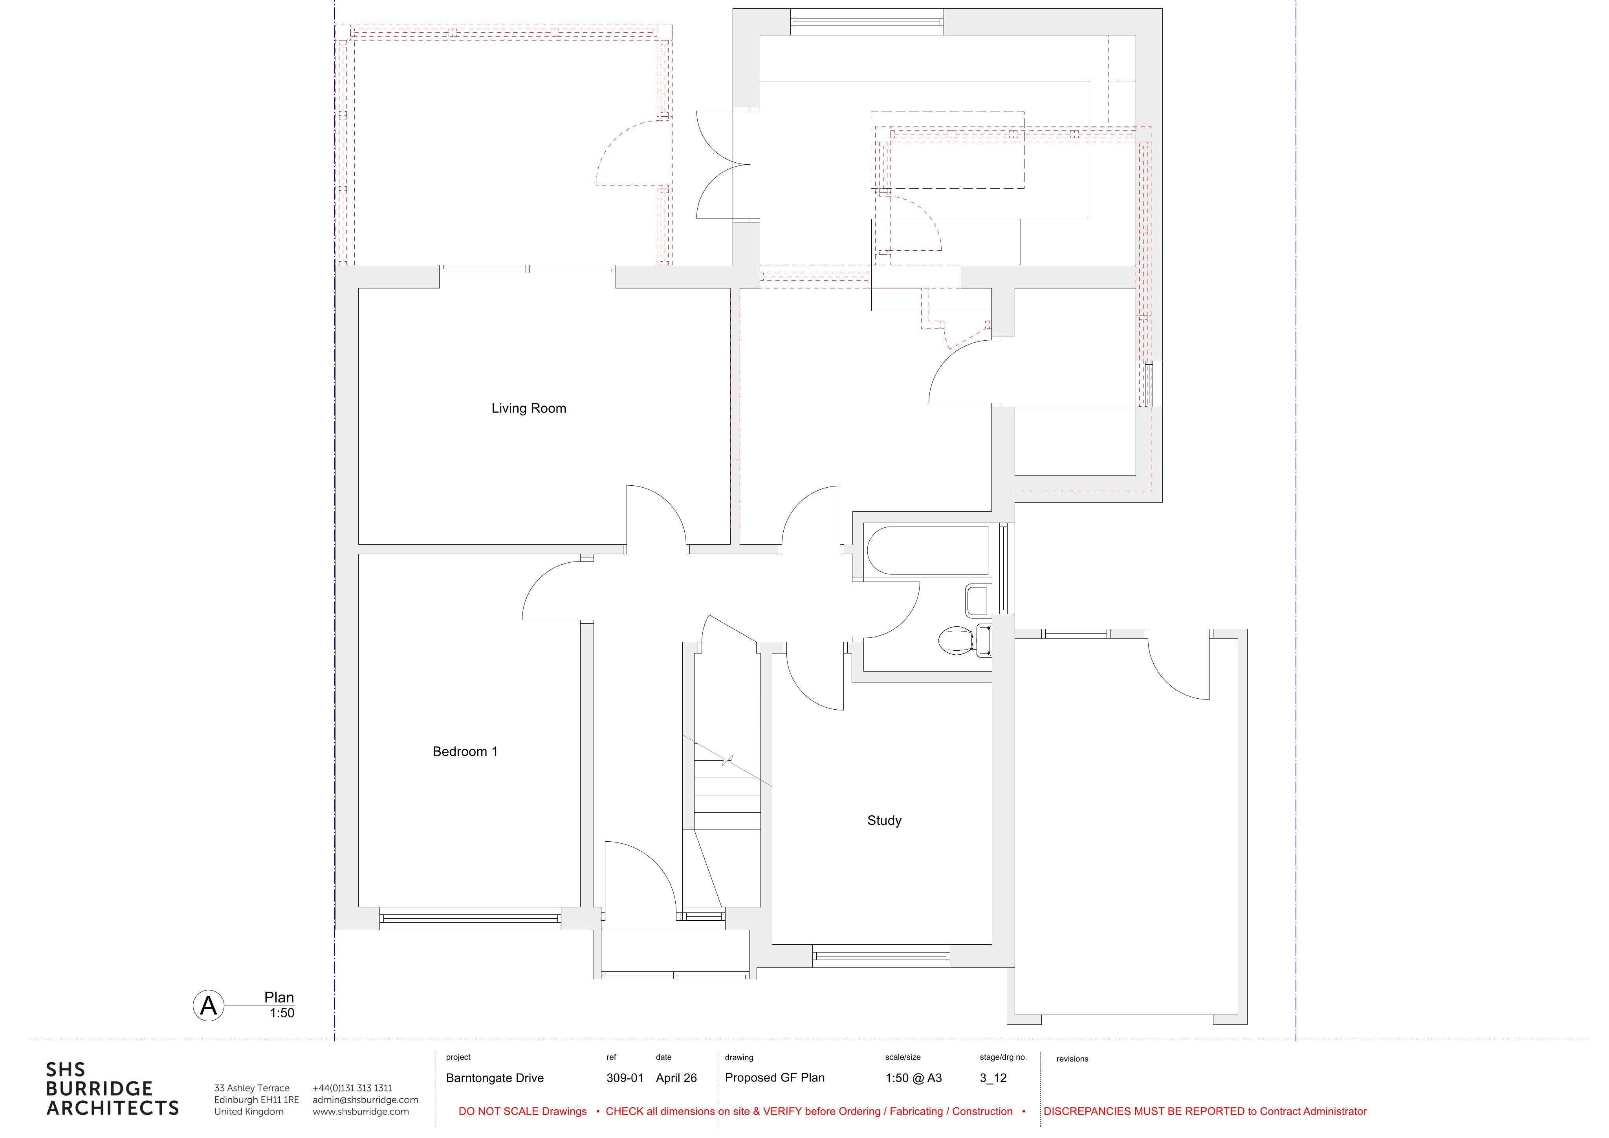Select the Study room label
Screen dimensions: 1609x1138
pos(884,820)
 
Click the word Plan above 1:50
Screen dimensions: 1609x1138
pos(279,997)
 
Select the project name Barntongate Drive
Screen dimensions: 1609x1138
pos(495,1078)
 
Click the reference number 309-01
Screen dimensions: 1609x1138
pos(625,1078)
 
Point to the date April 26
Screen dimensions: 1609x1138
pos(676,1078)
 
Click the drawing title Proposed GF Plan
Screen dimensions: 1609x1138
pos(774,1078)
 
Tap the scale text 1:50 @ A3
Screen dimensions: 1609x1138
pos(913,1078)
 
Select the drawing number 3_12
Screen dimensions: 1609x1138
pos(993,1078)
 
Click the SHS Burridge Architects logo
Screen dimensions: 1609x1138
pos(112,1089)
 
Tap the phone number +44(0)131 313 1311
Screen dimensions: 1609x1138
pos(352,1088)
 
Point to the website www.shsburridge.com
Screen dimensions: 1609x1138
pos(361,1111)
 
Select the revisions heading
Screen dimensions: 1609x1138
pos(1072,1059)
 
